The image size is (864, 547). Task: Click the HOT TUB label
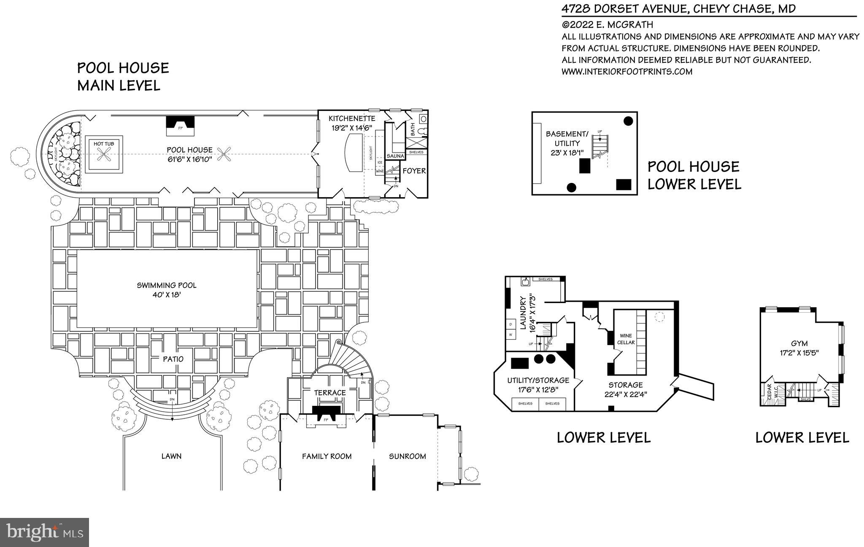pos(103,144)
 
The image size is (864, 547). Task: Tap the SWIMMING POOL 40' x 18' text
pos(167,290)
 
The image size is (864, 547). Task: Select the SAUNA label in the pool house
pos(395,156)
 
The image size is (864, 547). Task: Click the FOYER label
pos(414,171)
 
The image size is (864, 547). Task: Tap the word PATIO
pos(173,359)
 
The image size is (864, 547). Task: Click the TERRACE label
pos(329,393)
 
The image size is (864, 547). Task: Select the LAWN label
pos(171,456)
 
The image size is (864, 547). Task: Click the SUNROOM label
pos(407,456)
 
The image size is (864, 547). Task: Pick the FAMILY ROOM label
pos(327,456)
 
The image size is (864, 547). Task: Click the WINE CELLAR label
pos(626,339)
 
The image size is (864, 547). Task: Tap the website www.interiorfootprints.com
pos(626,72)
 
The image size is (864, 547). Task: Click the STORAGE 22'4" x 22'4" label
pos(625,389)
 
